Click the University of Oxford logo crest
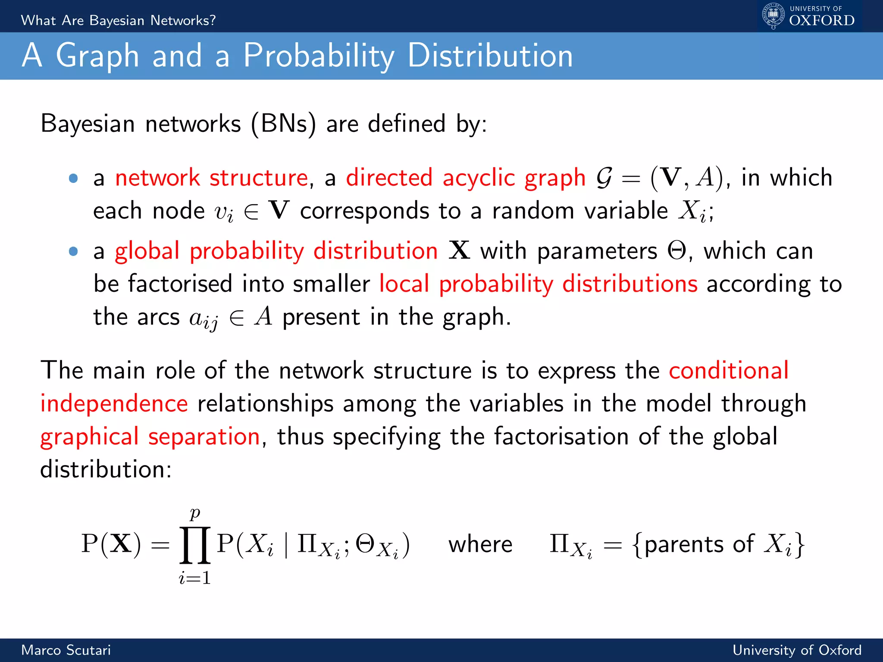[x=773, y=16]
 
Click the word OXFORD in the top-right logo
[x=822, y=20]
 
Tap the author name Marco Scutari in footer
[x=66, y=650]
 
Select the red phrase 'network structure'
[x=211, y=178]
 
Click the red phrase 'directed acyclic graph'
[x=466, y=178]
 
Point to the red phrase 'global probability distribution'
[x=276, y=251]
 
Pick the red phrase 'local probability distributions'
[x=538, y=284]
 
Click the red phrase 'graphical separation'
[x=150, y=437]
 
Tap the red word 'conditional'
[x=729, y=370]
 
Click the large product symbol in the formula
[x=195, y=545]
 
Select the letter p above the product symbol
[x=195, y=513]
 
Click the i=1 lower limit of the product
[x=195, y=578]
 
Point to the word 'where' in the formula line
[x=480, y=544]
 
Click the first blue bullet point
[x=73, y=178]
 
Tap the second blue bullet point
[x=73, y=251]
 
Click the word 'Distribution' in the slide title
[x=490, y=56]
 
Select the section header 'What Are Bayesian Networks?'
[x=118, y=20]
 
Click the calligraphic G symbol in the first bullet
[x=604, y=178]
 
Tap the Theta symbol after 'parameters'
[x=676, y=250]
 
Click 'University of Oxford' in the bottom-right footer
[x=797, y=650]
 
